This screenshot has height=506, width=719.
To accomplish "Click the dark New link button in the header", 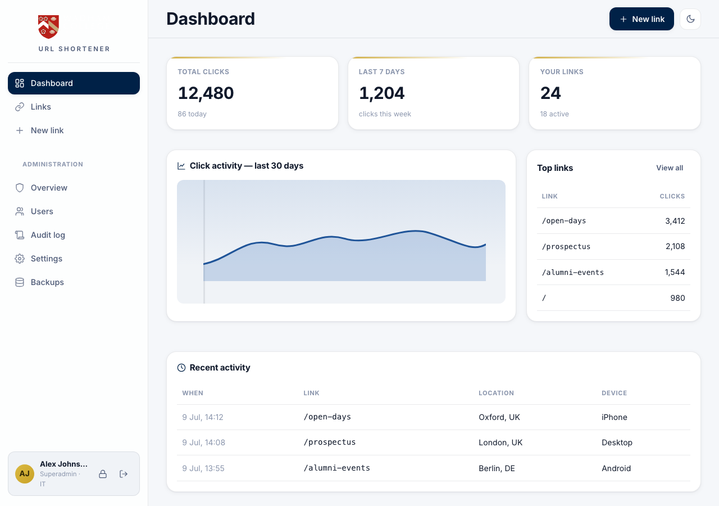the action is (641, 19).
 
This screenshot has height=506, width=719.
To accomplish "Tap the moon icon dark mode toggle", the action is (690, 19).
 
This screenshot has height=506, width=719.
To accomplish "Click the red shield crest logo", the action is (48, 26).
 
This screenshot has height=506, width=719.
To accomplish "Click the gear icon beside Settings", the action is (20, 259).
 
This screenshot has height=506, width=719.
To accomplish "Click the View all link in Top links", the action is (670, 168).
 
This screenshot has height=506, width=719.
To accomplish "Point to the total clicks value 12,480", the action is (206, 93).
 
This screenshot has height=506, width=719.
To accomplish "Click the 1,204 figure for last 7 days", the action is (381, 93).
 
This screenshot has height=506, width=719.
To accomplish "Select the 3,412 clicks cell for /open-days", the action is (675, 221).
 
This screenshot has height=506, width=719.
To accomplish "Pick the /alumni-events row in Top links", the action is (613, 272).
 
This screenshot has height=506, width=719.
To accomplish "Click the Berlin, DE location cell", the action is (497, 468).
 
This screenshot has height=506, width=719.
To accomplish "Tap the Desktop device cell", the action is (617, 442).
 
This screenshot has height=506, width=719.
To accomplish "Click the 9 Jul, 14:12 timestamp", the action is (203, 417).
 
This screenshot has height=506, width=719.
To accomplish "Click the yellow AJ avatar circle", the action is (25, 473).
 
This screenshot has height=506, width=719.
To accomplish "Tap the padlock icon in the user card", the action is (103, 474).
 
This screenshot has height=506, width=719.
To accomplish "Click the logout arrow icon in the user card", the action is (124, 474).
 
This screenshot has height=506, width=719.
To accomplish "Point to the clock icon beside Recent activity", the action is (181, 368).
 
